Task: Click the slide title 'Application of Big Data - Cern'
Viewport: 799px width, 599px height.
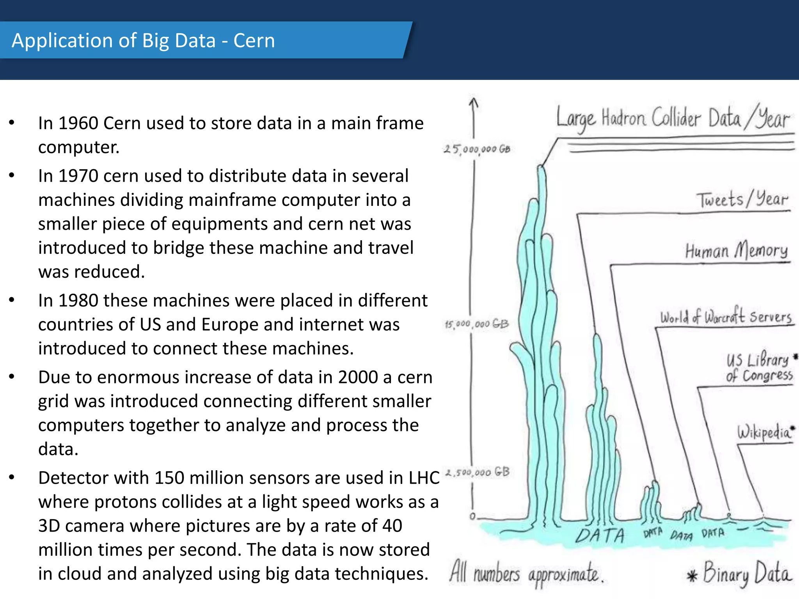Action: pos(143,41)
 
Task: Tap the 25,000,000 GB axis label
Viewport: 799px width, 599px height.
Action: pos(477,149)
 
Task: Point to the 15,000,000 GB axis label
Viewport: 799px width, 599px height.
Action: pos(477,324)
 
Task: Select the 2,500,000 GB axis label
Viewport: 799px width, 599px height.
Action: pos(478,472)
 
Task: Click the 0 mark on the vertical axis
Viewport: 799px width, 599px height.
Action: pos(472,516)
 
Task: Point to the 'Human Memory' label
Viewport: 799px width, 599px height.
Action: pos(736,251)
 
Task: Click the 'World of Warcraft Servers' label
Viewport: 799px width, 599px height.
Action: pos(726,317)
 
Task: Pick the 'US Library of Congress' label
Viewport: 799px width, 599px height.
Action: pos(759,367)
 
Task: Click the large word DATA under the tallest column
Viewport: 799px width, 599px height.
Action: pos(600,535)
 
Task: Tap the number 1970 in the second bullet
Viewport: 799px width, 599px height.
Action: pos(78,176)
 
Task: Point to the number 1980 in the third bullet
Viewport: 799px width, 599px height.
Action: pos(78,301)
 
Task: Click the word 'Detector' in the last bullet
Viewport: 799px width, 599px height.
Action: pos(74,478)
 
